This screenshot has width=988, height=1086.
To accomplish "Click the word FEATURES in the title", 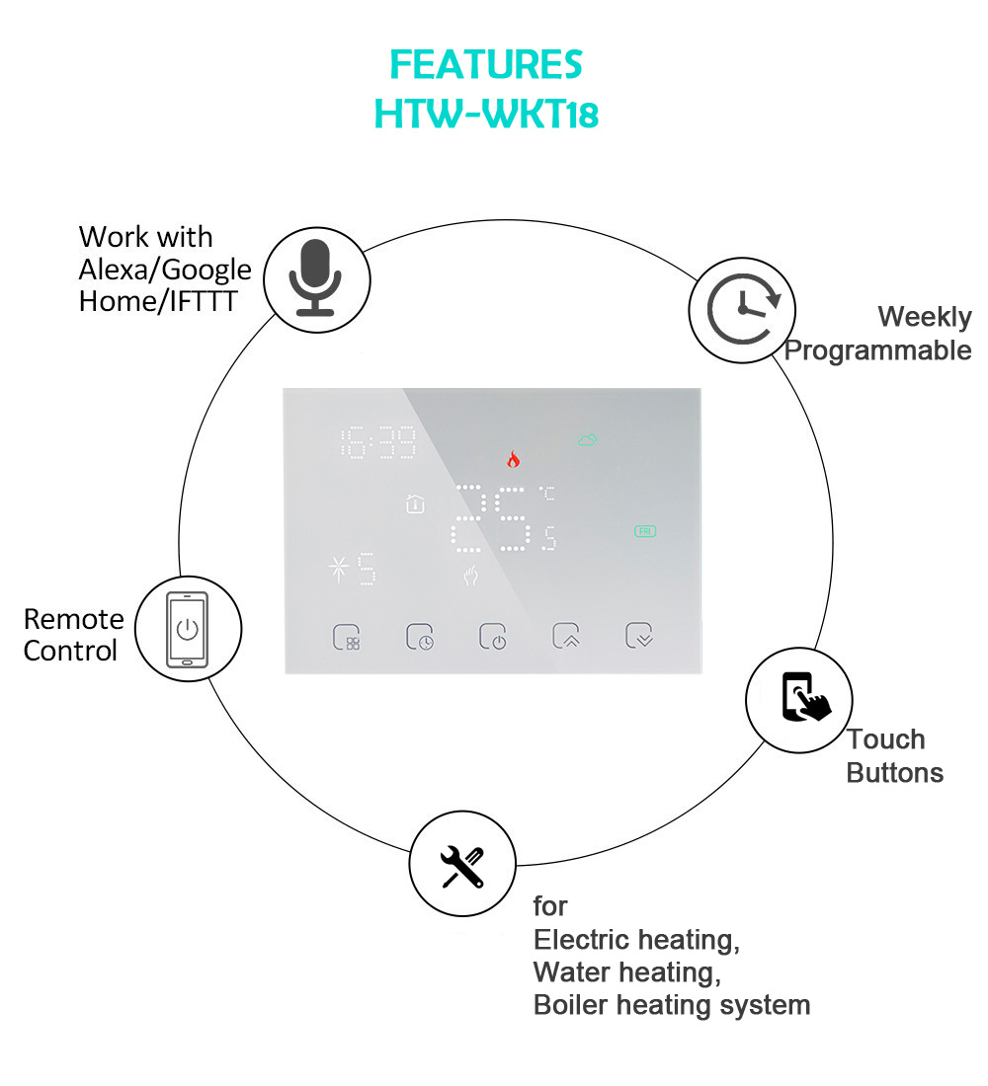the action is tap(486, 65).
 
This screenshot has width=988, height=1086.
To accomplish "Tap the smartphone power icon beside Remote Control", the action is tap(188, 629).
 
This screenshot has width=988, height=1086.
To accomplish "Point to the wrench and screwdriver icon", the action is tap(462, 867).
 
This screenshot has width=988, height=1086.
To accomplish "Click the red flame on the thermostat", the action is tap(513, 459).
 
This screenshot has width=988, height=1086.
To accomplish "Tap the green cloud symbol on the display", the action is tap(588, 440).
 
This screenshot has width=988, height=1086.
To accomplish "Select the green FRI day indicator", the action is tap(645, 531).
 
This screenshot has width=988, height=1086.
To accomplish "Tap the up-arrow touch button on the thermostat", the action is tap(566, 637).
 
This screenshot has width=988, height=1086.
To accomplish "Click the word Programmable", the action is tap(877, 351).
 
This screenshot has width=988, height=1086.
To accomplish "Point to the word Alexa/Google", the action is tap(165, 269).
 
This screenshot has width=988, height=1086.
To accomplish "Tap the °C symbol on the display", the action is tap(546, 491).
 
